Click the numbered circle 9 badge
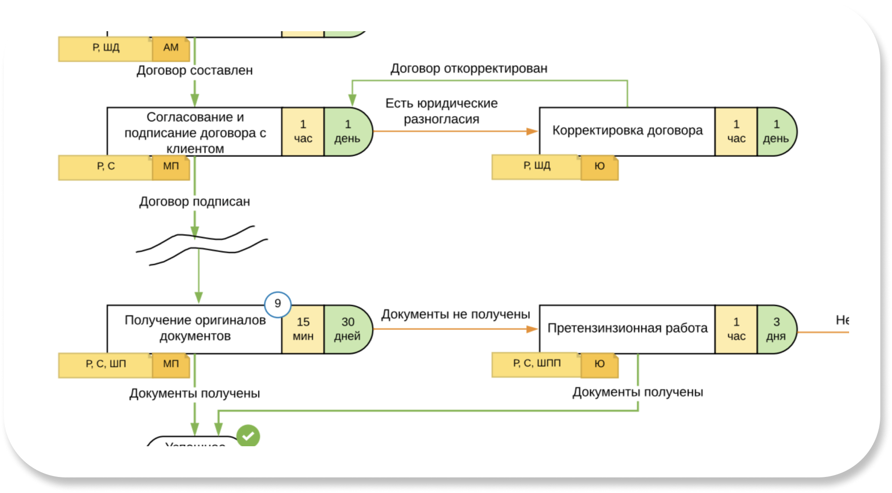pos(278,304)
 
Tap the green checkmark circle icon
pos(248,436)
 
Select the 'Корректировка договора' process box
pos(627,131)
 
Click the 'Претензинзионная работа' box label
pos(627,328)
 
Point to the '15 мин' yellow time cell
pos(303,329)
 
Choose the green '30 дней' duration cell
pos(348,329)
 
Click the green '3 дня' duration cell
pos(776,329)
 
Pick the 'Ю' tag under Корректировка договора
pos(600,167)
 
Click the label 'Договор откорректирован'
pos(468,69)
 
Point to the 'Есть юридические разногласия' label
pos(442,111)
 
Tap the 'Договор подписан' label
pos(194,202)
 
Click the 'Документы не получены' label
pos(455,315)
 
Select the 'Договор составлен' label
pos(194,71)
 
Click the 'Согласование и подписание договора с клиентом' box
pos(194,132)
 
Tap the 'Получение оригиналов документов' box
pos(194,328)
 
